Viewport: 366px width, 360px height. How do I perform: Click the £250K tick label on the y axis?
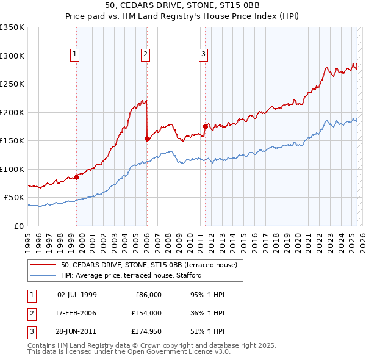tap(12, 84)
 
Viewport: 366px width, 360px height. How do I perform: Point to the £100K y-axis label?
tap(12, 169)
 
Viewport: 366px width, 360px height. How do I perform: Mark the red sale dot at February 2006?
tap(147, 139)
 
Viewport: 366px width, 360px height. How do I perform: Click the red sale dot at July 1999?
tap(76, 177)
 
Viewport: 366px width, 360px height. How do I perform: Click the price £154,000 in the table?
tap(146, 313)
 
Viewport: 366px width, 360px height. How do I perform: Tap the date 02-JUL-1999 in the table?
tap(76, 295)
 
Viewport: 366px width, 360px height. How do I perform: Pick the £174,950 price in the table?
tap(146, 331)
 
